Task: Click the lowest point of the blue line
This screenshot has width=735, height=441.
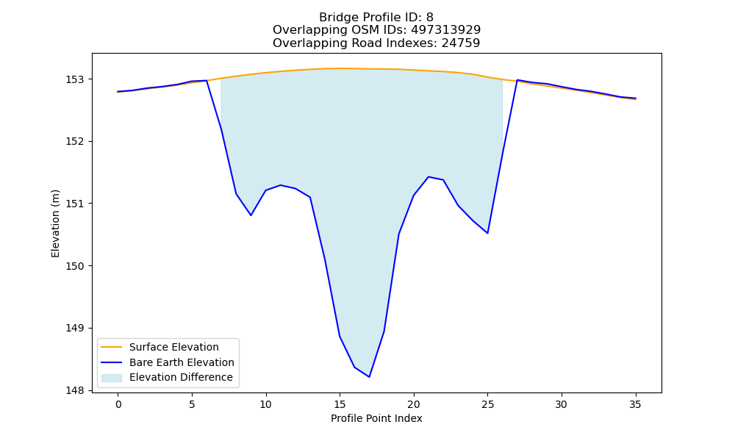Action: coord(370,377)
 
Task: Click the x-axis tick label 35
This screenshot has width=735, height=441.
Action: coord(635,404)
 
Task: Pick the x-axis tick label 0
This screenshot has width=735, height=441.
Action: coord(118,404)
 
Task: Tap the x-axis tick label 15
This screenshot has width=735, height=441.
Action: coord(340,404)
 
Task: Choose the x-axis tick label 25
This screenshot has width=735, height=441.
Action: coord(487,404)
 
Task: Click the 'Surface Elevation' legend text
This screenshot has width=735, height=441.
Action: coord(174,347)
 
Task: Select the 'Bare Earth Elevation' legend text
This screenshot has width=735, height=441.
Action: coord(182,362)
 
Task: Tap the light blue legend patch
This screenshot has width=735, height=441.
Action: coord(112,378)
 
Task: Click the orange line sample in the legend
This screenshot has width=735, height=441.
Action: coord(112,347)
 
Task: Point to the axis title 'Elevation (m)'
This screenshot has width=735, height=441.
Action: coord(55,223)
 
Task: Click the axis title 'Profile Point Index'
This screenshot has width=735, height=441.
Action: coord(376,418)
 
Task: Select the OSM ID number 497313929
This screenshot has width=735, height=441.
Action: coord(446,30)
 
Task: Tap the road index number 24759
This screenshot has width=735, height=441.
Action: coord(461,43)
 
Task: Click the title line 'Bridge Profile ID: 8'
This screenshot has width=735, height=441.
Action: coord(376,18)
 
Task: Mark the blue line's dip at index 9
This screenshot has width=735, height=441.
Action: coord(251,215)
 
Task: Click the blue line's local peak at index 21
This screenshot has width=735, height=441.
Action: coord(429,176)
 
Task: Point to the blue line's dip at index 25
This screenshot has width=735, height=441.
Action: coord(487,233)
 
